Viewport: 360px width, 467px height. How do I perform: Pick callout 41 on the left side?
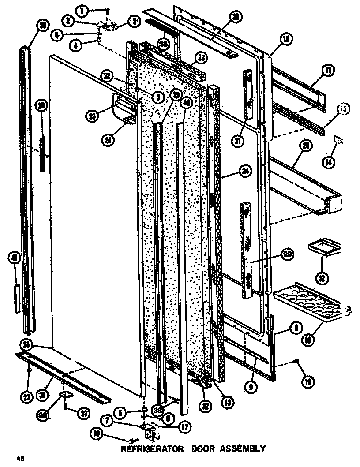pos(16,258)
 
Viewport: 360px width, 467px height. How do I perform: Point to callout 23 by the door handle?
pos(92,116)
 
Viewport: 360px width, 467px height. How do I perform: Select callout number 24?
pos(106,141)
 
